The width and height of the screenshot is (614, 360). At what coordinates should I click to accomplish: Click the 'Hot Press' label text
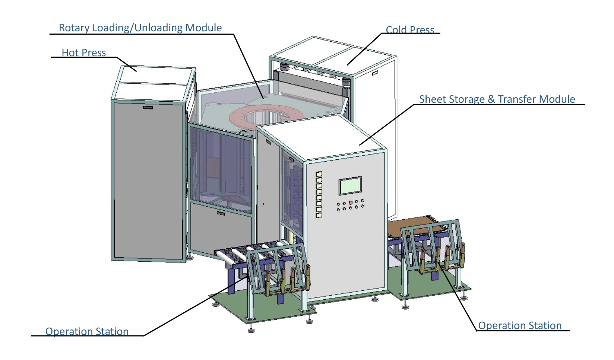pos(83,52)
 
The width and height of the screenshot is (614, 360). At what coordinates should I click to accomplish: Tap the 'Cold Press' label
pos(410,30)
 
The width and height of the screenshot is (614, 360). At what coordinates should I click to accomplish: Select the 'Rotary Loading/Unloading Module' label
pos(140,28)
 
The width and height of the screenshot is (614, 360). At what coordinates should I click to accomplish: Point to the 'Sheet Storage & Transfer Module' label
pos(497,99)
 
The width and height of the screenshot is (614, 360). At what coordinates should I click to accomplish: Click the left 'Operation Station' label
pos(87,331)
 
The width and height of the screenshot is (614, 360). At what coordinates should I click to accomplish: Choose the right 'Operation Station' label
pos(520,325)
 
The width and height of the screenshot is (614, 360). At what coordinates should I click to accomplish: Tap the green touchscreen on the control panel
pos(350,185)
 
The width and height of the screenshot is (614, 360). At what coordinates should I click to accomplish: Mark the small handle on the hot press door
pos(148,108)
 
